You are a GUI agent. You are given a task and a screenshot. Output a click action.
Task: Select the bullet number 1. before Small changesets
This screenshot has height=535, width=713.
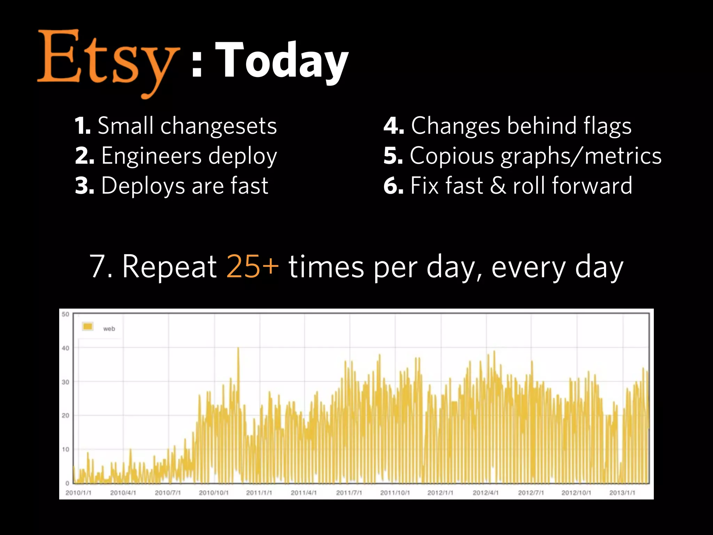(x=83, y=126)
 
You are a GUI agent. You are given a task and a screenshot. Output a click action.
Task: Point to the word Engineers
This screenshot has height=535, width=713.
(x=151, y=156)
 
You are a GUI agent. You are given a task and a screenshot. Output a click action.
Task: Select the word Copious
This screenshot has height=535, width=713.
(x=452, y=156)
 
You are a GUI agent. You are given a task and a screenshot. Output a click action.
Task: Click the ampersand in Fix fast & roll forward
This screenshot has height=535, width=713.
(x=498, y=186)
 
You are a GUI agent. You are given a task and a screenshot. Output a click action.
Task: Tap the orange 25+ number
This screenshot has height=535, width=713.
(x=252, y=266)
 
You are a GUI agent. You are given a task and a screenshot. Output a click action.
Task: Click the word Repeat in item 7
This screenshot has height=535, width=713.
(x=170, y=266)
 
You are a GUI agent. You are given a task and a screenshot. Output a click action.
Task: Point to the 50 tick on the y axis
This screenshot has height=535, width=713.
(x=65, y=314)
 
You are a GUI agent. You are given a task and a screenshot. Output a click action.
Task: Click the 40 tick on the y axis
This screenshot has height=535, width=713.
(x=65, y=348)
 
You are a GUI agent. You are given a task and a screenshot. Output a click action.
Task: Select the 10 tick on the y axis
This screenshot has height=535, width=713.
(x=65, y=449)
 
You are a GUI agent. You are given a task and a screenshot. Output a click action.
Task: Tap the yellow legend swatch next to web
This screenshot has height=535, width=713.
(x=88, y=327)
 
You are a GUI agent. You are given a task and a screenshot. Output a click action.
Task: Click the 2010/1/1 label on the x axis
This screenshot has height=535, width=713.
(x=78, y=493)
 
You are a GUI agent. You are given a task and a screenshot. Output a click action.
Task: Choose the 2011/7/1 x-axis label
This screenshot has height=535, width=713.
(x=349, y=493)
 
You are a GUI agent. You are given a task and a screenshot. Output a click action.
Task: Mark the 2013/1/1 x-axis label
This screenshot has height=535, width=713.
(x=622, y=493)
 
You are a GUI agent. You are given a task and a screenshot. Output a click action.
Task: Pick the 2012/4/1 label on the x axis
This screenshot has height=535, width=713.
(x=486, y=493)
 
